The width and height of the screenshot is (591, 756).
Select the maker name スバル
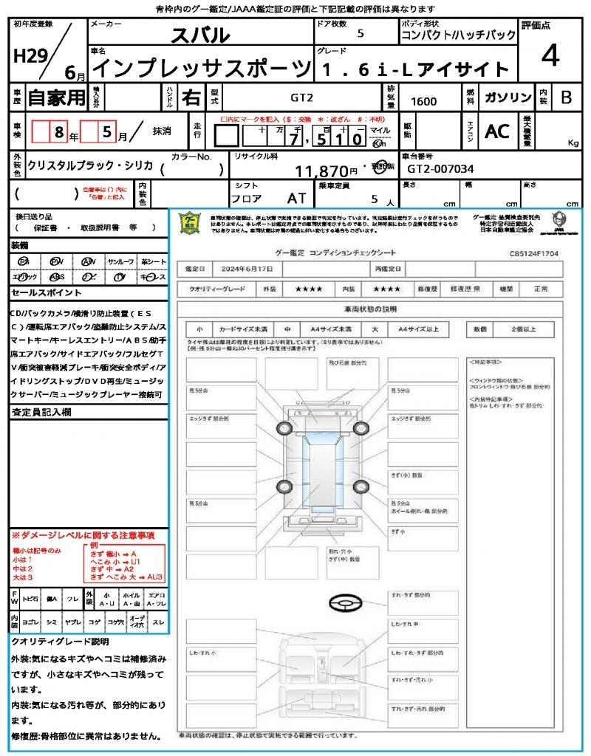click(200, 35)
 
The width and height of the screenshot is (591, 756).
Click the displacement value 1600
click(423, 102)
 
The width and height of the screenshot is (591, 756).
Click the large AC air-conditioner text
click(497, 131)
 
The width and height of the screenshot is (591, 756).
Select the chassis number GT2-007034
click(440, 169)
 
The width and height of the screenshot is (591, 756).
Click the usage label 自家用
click(56, 97)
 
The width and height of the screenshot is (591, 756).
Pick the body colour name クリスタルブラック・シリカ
click(90, 165)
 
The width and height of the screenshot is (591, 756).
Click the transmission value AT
click(297, 199)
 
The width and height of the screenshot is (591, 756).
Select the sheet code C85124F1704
click(533, 252)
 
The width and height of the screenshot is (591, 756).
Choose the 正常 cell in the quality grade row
click(541, 289)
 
